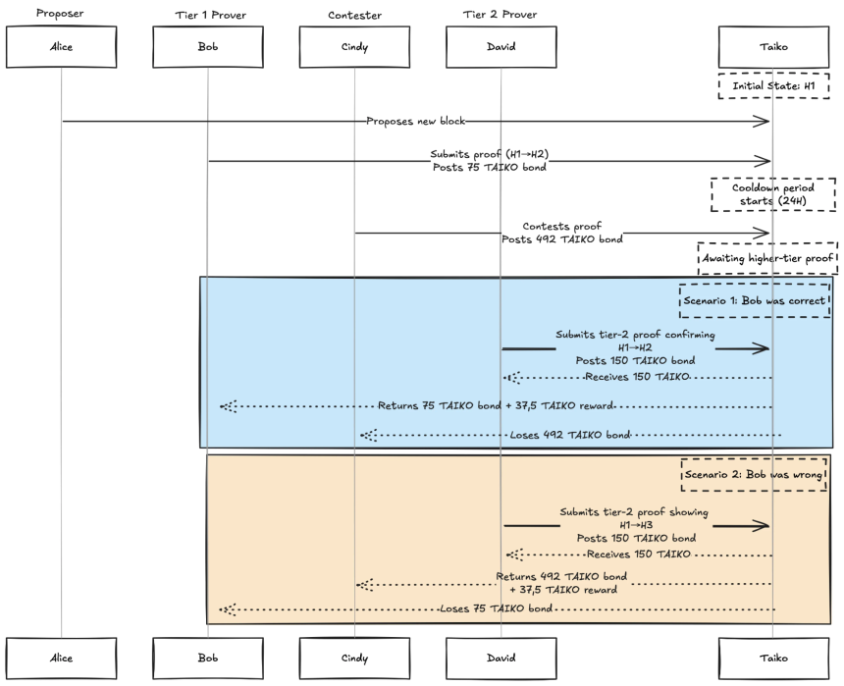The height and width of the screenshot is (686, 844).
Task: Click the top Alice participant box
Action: (62, 47)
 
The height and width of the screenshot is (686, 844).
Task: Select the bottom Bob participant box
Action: (208, 658)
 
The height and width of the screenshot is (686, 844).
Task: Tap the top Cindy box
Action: (354, 47)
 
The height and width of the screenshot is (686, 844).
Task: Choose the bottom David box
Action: (501, 658)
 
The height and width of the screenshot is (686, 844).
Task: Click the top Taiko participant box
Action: (773, 47)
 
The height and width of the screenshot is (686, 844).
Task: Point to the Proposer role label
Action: (60, 13)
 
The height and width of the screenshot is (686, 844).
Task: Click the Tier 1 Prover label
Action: (210, 15)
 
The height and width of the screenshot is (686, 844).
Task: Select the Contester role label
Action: (354, 15)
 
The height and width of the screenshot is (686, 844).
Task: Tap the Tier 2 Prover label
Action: (501, 15)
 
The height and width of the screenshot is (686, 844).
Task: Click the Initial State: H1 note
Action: (773, 85)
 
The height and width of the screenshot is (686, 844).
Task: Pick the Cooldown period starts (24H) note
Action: (773, 194)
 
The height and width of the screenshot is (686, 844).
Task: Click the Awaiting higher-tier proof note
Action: (767, 258)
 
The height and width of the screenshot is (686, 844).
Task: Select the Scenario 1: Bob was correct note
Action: (755, 300)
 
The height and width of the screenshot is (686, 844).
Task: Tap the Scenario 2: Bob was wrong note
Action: (754, 474)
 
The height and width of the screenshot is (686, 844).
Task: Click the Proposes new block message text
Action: (415, 121)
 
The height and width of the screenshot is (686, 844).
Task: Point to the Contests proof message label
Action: (562, 226)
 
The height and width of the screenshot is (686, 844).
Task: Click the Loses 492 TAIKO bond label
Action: (570, 435)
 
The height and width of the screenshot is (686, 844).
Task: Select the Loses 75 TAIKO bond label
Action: (496, 608)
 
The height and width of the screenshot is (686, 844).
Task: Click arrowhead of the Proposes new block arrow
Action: (768, 122)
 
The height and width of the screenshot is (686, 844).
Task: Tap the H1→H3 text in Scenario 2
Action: (636, 525)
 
